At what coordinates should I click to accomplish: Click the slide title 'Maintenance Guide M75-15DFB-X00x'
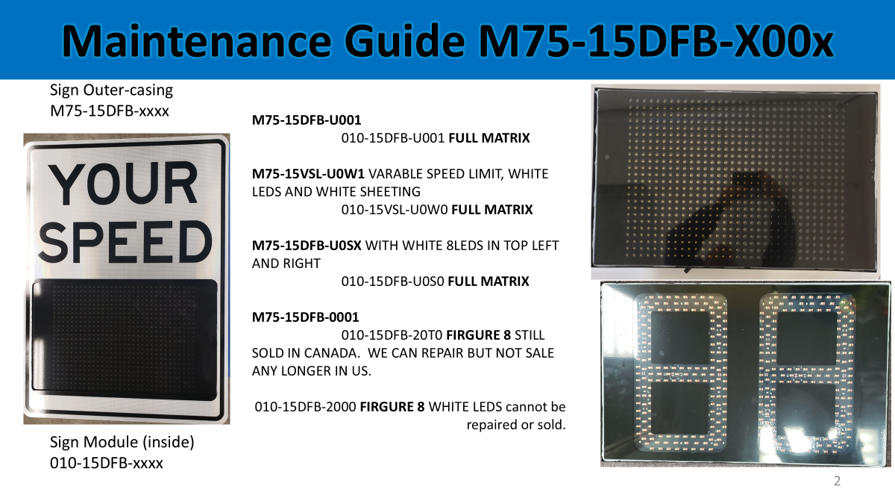[447, 41]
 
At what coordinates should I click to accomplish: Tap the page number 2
[837, 481]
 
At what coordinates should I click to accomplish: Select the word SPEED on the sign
[125, 242]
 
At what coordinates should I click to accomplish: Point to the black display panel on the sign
[125, 340]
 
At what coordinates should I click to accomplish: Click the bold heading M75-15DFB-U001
[307, 120]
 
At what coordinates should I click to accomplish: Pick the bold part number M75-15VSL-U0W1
[308, 174]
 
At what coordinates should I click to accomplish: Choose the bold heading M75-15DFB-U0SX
[307, 246]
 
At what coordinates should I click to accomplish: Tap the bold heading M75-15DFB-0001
[305, 317]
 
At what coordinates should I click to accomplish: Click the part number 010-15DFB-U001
[393, 138]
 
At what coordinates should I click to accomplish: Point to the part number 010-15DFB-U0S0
[392, 281]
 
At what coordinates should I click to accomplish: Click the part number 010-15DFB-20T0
[392, 335]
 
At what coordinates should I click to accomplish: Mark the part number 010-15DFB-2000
[305, 407]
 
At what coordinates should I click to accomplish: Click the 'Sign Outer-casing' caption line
[111, 90]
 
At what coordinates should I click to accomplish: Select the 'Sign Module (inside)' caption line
[122, 442]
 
